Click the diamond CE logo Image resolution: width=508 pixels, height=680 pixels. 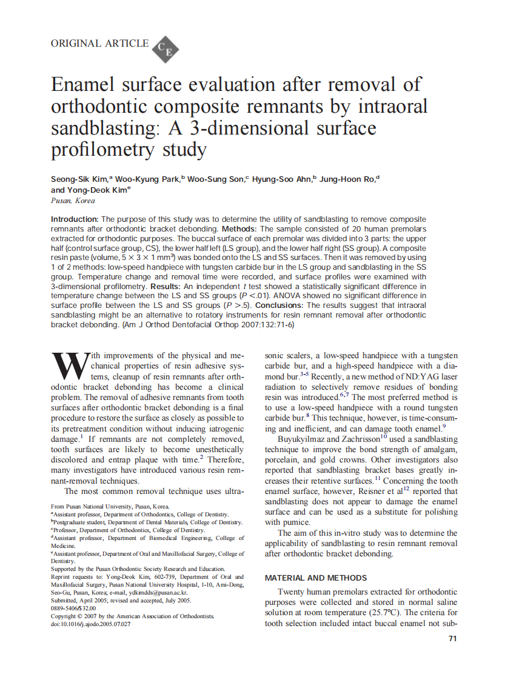click(x=164, y=48)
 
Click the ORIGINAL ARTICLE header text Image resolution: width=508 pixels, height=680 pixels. click(x=99, y=43)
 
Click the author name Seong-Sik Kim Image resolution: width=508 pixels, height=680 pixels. click(x=78, y=179)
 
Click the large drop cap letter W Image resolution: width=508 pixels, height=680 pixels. click(x=65, y=364)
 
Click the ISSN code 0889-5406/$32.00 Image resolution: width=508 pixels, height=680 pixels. click(x=73, y=608)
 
